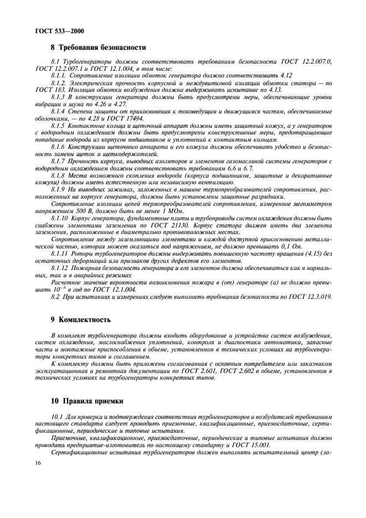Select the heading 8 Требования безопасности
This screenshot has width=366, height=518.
pyautogui.click(x=98, y=48)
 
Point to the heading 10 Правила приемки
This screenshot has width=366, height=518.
pyautogui.click(x=87, y=401)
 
